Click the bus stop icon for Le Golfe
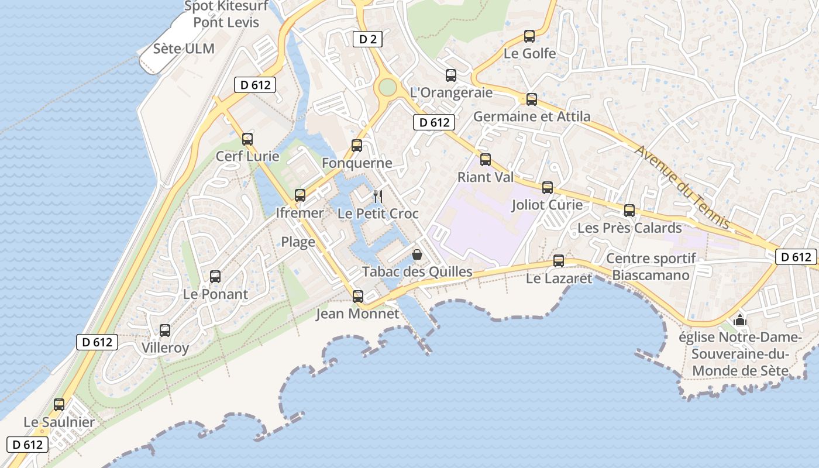point(529,36)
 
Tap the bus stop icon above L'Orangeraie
point(450,75)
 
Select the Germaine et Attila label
point(532,116)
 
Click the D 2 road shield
point(367,39)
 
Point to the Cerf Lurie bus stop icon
point(247,139)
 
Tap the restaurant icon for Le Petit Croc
point(378,196)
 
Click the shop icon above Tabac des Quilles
point(417,254)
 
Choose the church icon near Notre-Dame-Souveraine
point(740,320)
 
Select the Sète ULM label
point(184,49)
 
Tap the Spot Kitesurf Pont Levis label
point(226,15)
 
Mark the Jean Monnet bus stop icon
point(357,297)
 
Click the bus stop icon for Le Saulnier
point(59,405)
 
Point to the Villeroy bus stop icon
point(165,331)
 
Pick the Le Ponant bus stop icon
point(215,277)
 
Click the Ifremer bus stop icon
point(300,195)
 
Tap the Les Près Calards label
point(629,228)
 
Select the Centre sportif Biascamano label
point(651,266)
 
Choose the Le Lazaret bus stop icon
point(559,261)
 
